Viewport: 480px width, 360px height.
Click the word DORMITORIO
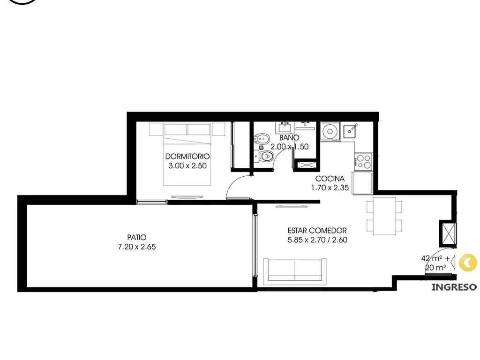coord(187,157)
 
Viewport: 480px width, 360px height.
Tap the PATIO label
coord(137,237)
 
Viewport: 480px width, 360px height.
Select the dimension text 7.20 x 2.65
coord(137,247)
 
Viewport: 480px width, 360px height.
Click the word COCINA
coord(330,179)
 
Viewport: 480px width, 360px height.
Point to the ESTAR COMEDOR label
coord(317,231)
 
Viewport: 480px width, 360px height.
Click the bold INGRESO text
coord(454,287)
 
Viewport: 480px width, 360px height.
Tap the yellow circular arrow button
coord(468,262)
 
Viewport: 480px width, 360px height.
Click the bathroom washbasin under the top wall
coord(285,127)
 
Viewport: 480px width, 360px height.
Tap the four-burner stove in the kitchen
coord(364,162)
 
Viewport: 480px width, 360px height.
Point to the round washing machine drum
coord(330,132)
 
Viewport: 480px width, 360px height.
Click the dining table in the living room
coord(384,216)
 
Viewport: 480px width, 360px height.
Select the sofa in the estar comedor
coord(295,270)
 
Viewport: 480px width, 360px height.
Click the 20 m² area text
coord(435,268)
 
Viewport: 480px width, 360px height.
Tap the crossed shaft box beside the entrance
coord(448,233)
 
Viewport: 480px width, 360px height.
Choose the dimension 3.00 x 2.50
coord(187,166)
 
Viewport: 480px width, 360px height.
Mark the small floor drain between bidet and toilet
coord(261,148)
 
